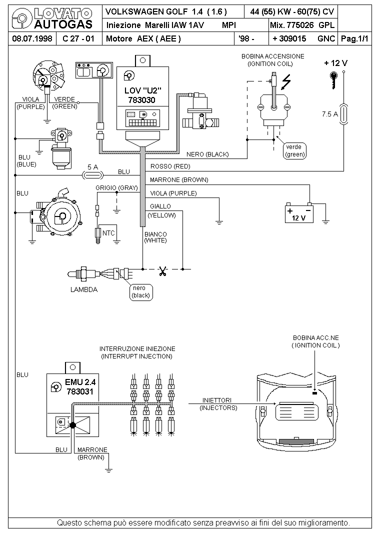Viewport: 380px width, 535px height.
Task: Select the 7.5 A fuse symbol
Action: (x=343, y=114)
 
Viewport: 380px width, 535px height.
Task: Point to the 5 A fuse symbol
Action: (x=92, y=174)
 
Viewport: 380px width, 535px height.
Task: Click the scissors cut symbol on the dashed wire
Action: (x=162, y=272)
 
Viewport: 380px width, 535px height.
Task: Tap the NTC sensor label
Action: (x=108, y=233)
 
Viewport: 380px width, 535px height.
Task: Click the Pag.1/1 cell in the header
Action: (x=354, y=38)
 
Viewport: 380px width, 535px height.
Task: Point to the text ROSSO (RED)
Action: (x=170, y=166)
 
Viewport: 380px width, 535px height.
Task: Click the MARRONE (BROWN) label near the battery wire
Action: (x=179, y=179)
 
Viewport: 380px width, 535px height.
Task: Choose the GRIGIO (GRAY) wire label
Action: (x=116, y=187)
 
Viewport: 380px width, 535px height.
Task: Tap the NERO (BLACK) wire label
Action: (x=207, y=154)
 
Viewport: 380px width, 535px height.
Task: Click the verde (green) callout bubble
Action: (x=294, y=150)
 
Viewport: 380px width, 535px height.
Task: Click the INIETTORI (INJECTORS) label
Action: (x=218, y=404)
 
